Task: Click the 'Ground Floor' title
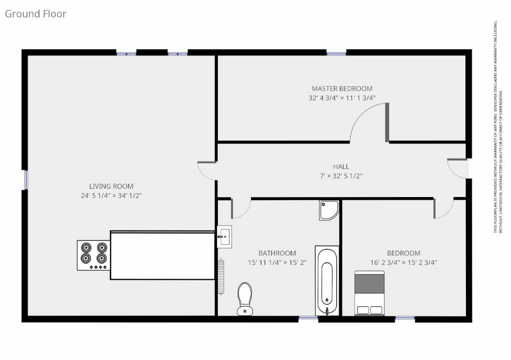click(36, 14)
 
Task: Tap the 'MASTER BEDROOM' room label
click(342, 89)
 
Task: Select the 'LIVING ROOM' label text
click(111, 187)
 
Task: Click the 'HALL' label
click(341, 166)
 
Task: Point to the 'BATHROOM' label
click(277, 253)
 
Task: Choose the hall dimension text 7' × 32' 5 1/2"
click(341, 176)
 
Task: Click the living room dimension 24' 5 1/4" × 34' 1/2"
click(111, 196)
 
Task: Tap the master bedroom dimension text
click(342, 98)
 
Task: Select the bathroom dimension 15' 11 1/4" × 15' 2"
click(277, 262)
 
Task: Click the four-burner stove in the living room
click(93, 255)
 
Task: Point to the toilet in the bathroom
click(244, 299)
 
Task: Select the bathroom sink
click(224, 236)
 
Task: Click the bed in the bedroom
click(370, 293)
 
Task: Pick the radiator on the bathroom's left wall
click(220, 276)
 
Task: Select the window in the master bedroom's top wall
click(336, 52)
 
